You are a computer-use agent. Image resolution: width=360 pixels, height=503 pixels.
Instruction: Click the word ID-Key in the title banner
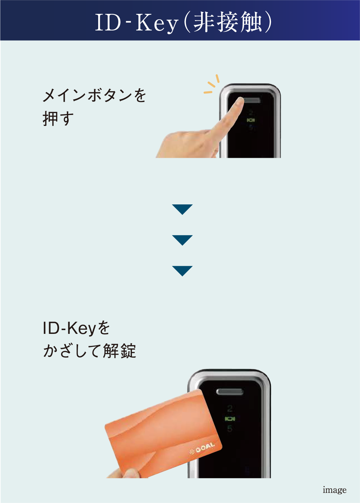tap(137, 22)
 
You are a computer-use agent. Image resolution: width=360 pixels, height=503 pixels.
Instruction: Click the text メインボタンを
tap(94, 95)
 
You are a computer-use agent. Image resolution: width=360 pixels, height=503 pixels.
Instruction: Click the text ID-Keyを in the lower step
tap(76, 329)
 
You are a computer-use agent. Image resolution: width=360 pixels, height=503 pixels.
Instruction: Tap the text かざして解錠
tap(89, 351)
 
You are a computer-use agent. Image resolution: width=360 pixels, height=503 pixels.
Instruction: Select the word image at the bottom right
tap(335, 490)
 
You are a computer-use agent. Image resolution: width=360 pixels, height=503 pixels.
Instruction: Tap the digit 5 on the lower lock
tap(230, 429)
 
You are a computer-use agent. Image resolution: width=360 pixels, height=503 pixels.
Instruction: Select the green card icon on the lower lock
tap(230, 419)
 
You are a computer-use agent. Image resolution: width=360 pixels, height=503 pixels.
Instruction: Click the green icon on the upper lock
tap(251, 120)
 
